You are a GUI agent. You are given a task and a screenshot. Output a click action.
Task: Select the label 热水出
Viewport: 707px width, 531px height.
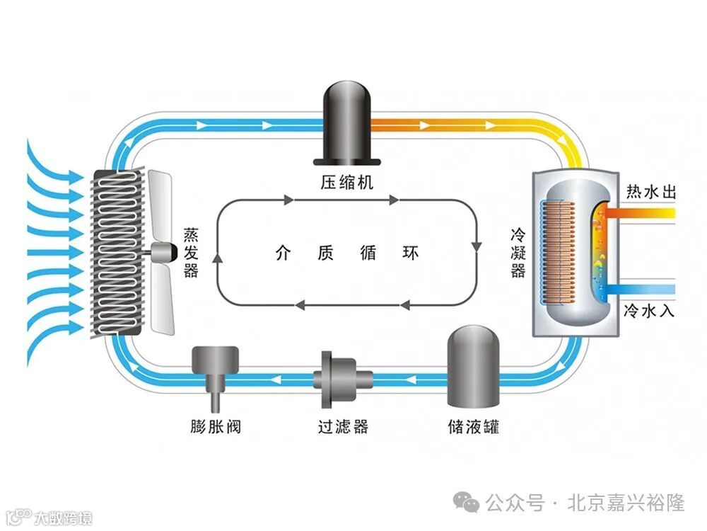pos(651,192)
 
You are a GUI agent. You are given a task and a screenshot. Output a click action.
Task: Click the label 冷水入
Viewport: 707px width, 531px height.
pos(651,309)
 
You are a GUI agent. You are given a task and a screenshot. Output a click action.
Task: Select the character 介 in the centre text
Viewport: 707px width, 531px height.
pos(283,253)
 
